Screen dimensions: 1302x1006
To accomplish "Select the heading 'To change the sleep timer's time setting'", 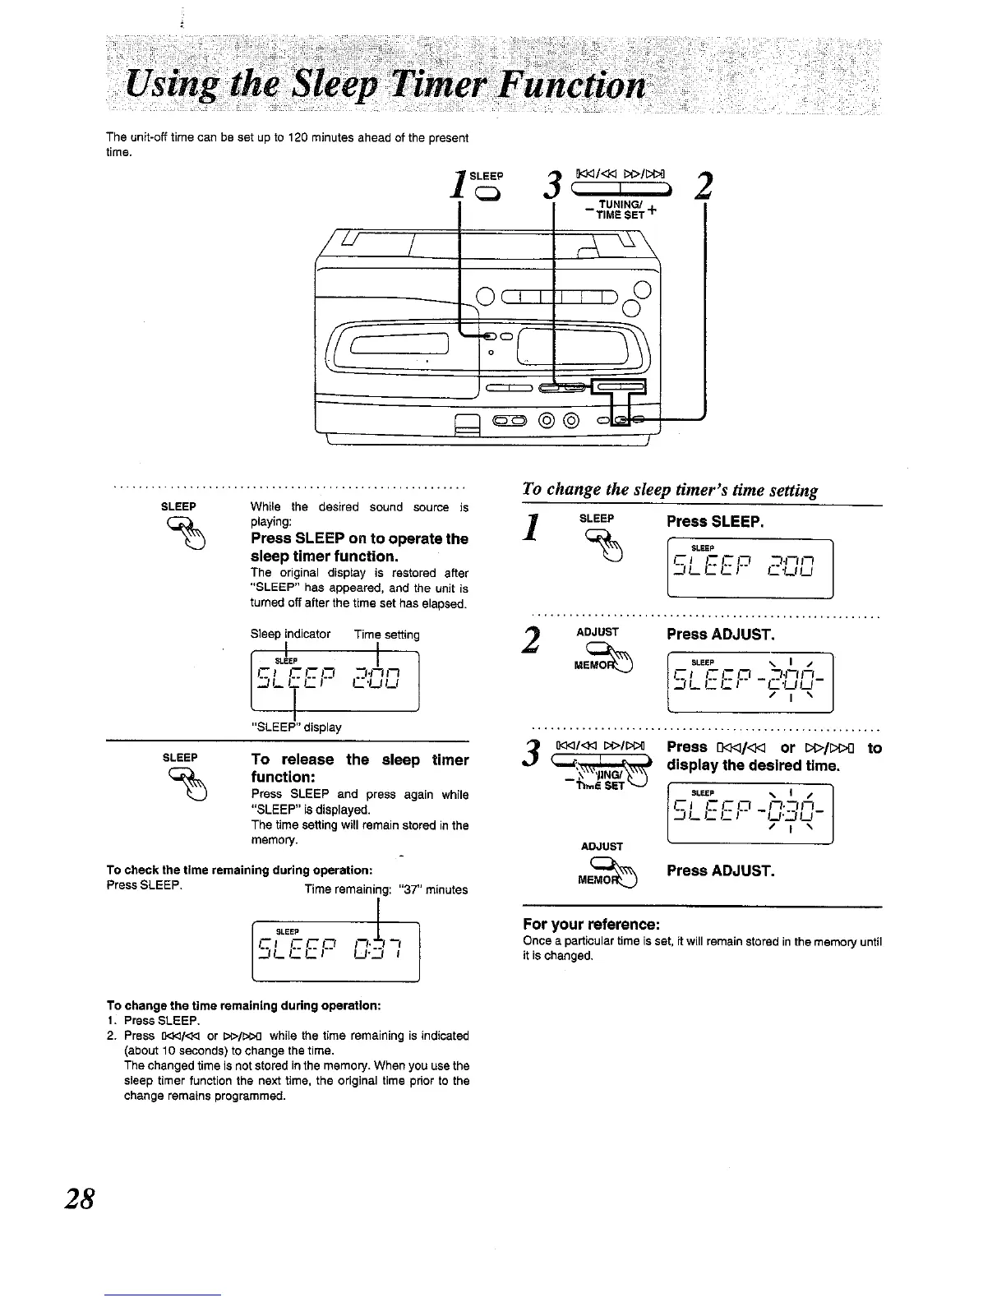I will point(670,491).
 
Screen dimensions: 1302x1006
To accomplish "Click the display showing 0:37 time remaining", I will point(335,952).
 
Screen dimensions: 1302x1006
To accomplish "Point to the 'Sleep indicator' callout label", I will point(290,634).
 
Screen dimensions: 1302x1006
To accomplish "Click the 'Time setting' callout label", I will point(386,634).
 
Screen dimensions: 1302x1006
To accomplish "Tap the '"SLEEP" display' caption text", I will point(296,727).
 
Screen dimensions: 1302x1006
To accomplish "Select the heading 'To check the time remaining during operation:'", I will point(242,870).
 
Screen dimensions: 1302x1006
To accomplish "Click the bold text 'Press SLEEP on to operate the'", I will point(359,538).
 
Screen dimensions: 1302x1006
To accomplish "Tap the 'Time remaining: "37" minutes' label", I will point(385,889).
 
